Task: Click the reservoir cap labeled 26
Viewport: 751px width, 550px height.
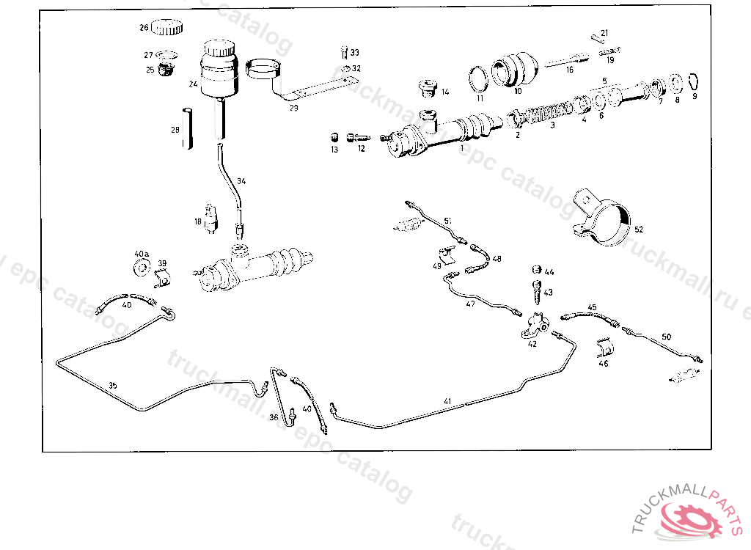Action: click(x=168, y=28)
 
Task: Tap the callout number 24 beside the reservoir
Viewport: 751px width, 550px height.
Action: click(x=193, y=84)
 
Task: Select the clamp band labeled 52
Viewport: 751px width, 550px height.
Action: click(x=604, y=216)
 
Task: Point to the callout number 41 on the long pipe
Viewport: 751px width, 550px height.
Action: click(x=448, y=401)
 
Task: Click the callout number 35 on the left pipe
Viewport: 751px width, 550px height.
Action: click(x=112, y=385)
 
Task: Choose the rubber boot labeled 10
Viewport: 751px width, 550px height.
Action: click(x=515, y=68)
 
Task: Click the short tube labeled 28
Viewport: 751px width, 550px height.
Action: click(x=187, y=128)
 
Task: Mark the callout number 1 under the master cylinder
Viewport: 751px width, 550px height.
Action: click(x=462, y=147)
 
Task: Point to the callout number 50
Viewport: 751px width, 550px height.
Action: click(x=666, y=337)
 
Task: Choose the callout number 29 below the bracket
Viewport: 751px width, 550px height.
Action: click(x=293, y=108)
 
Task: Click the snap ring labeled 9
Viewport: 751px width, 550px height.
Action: click(x=695, y=81)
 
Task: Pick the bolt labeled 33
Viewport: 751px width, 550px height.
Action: click(x=345, y=52)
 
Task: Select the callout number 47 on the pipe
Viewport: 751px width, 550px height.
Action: click(x=470, y=304)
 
